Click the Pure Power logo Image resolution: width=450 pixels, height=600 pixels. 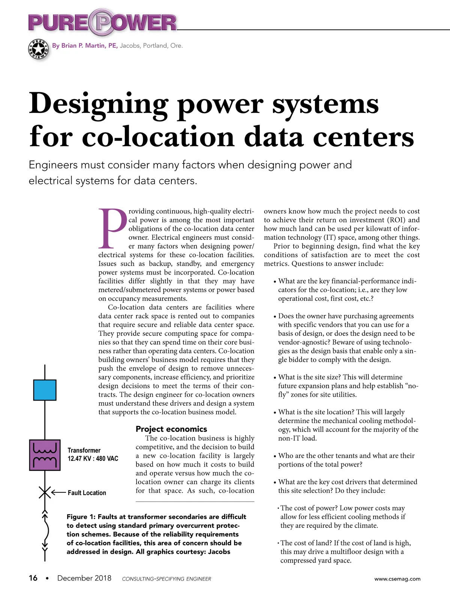coord(102,22)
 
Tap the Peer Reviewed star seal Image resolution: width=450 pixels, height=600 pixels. coord(39,49)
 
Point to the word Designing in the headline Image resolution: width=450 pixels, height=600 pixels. coord(98,104)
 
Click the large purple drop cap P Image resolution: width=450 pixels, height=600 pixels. coord(112,229)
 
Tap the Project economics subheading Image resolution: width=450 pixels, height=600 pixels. coord(171,429)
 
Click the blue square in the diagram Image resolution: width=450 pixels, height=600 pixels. coord(45,390)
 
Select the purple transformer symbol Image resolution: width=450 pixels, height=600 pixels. coord(45,455)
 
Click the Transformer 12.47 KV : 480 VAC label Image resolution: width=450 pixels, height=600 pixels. coord(93,454)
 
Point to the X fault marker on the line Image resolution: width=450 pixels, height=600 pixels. coord(45,492)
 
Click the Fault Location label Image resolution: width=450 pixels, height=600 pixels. coord(87,493)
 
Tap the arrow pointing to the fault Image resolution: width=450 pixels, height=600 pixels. coord(58,492)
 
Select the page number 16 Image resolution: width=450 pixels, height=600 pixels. coord(33,578)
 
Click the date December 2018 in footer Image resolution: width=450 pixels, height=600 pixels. coord(84,578)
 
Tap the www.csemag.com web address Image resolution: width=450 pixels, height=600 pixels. coord(397,579)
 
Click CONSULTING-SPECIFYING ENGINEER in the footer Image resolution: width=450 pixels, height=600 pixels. coord(166,579)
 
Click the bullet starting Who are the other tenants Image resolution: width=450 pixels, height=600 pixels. coord(346,460)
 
